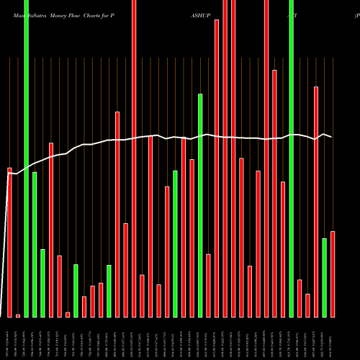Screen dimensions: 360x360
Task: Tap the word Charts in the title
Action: [85, 14]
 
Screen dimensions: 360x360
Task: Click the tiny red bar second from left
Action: [18, 315]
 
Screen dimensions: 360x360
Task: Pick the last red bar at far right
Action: [333, 274]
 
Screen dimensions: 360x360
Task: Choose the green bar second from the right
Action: [324, 277]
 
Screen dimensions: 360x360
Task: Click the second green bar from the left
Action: [35, 244]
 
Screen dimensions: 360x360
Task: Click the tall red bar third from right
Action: [316, 202]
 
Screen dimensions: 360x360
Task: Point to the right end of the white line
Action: [332, 137]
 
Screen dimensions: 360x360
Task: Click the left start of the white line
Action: [8, 173]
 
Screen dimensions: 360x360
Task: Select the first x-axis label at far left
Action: [9, 338]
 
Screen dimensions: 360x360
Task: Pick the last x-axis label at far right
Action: [333, 338]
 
